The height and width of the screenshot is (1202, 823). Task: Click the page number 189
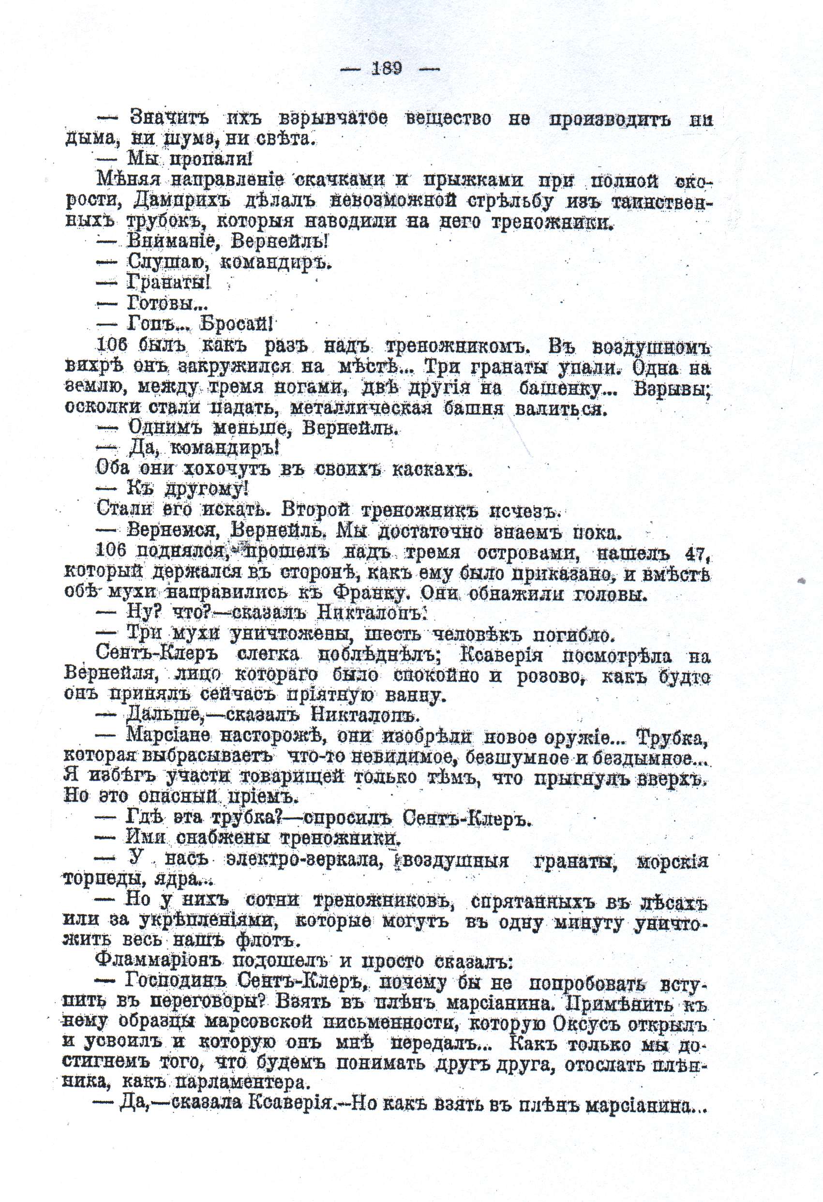tap(387, 68)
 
